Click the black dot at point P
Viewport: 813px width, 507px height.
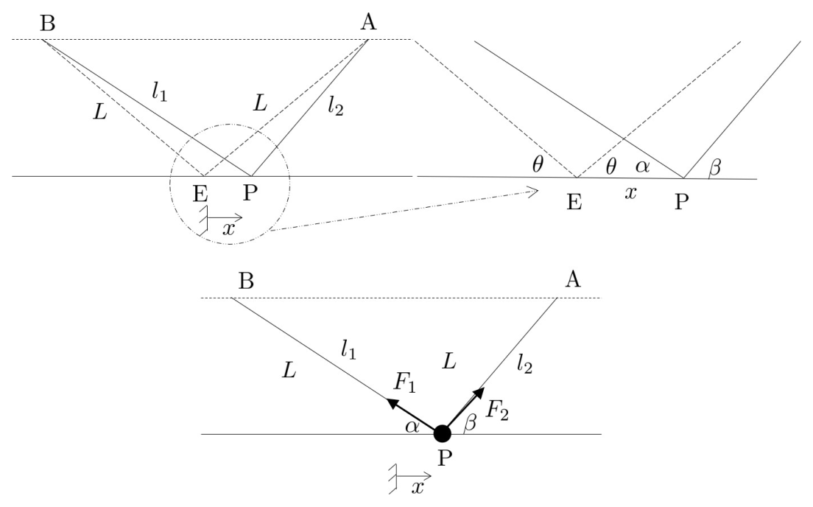click(x=443, y=433)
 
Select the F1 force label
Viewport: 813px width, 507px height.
click(x=404, y=382)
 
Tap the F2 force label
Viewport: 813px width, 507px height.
click(x=497, y=411)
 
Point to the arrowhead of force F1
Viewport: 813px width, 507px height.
click(x=392, y=402)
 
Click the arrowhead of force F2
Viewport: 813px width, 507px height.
click(x=479, y=392)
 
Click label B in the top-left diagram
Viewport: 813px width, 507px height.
click(x=48, y=24)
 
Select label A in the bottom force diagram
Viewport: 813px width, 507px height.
click(x=573, y=280)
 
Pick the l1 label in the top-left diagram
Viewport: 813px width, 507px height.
click(x=160, y=92)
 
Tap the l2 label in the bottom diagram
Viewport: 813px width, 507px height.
click(x=525, y=366)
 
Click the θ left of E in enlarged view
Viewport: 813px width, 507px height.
click(x=538, y=164)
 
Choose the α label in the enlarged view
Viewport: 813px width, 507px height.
click(x=642, y=167)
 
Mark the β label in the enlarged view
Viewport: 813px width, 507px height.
click(x=714, y=167)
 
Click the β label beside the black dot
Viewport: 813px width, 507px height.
click(x=470, y=423)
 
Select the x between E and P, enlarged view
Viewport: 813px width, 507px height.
click(x=630, y=193)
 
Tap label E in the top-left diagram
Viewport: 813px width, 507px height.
click(x=200, y=194)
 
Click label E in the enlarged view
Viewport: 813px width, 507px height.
click(x=574, y=202)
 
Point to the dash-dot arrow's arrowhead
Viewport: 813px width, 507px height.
click(x=535, y=192)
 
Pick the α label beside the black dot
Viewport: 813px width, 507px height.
click(x=412, y=427)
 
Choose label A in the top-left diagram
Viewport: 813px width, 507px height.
click(x=368, y=22)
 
